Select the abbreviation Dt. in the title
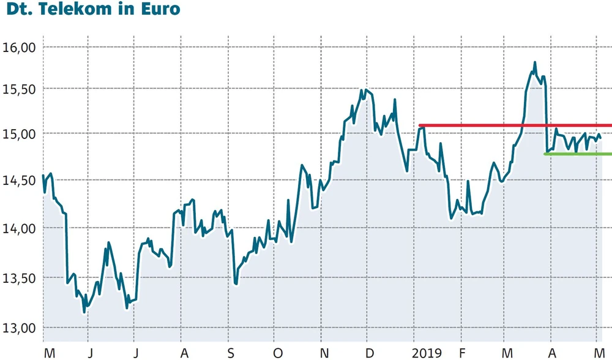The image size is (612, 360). (x=20, y=10)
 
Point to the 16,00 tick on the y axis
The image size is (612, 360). (x=21, y=47)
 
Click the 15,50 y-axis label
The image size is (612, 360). (x=21, y=89)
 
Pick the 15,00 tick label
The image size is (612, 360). (x=21, y=133)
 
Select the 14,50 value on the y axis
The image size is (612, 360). (x=21, y=180)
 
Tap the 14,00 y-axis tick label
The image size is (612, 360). (x=21, y=228)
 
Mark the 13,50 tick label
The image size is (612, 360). (x=21, y=278)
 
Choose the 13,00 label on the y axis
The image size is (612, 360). (x=21, y=328)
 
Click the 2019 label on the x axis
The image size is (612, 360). (x=426, y=353)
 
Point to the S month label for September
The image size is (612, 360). (x=230, y=353)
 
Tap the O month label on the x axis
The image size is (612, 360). (x=277, y=353)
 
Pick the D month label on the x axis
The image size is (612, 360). (x=370, y=353)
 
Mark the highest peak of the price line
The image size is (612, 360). (x=535, y=62)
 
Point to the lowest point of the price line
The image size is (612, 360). (x=84, y=312)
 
